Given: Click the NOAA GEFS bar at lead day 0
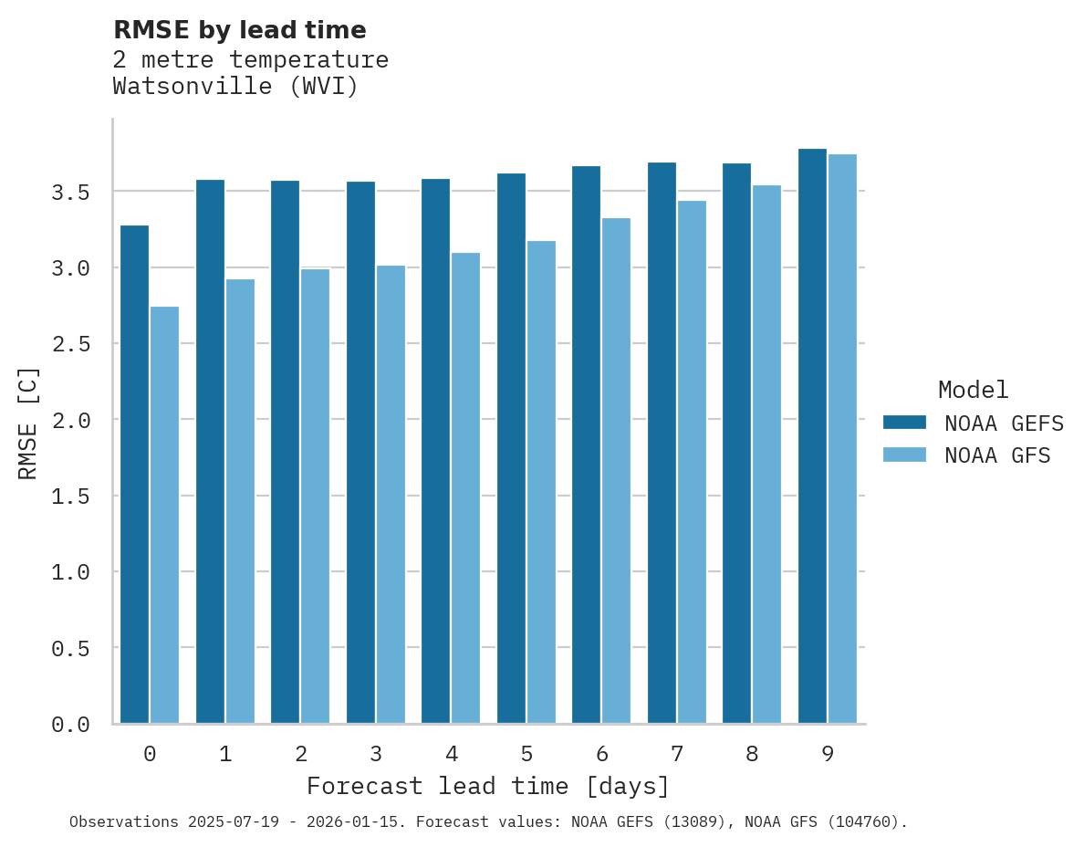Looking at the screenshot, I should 134,475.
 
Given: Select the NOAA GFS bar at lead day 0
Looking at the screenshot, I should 164,516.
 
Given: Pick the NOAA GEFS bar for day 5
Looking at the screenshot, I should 511,448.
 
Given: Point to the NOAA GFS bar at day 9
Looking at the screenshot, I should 842,439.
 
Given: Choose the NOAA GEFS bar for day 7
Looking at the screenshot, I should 662,443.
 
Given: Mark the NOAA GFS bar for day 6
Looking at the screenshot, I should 616,471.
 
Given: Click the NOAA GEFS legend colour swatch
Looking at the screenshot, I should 904,423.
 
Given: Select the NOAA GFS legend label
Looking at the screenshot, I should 997,455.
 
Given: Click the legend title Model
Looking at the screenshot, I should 973,390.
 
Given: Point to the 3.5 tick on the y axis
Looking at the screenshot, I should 70,193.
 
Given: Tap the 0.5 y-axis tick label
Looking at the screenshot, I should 70,648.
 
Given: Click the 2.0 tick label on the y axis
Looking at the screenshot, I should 70,420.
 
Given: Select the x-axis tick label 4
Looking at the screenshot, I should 451,754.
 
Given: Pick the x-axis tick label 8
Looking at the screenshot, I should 752,754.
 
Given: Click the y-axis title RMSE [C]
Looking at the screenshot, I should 29,423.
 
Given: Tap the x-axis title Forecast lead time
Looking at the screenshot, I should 488,787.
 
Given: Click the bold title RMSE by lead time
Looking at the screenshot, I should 239,30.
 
